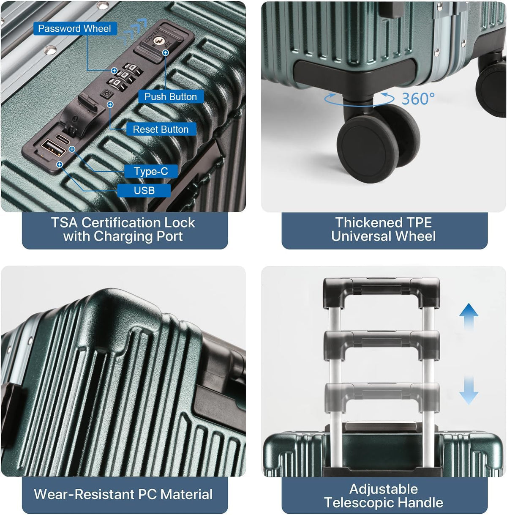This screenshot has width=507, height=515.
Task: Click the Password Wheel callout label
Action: pyautogui.click(x=75, y=28)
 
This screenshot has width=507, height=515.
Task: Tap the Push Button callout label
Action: pyautogui.click(x=171, y=96)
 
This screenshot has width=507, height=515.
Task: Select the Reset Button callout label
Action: pyautogui.click(x=161, y=129)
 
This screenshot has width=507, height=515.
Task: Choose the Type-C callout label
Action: pyautogui.click(x=151, y=171)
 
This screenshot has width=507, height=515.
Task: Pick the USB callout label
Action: pyautogui.click(x=144, y=191)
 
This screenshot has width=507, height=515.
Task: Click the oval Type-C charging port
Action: pyautogui.click(x=63, y=139)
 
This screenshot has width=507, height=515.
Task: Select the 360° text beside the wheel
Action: pyautogui.click(x=418, y=99)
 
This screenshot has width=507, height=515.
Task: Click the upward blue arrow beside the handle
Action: pyautogui.click(x=469, y=317)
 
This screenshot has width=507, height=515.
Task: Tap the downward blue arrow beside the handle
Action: pyautogui.click(x=469, y=390)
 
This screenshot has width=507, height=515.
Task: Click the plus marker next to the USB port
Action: pyautogui.click(x=60, y=164)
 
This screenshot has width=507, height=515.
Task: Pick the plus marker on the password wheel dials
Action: pyautogui.click(x=114, y=71)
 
